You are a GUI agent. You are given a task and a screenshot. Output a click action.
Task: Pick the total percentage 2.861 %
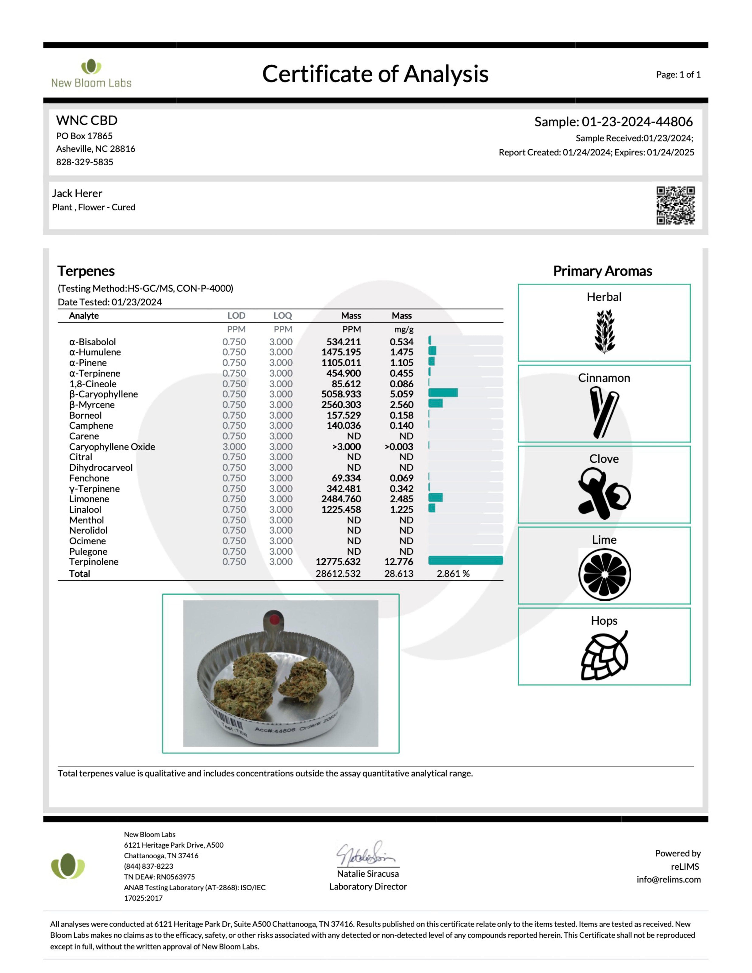(x=453, y=574)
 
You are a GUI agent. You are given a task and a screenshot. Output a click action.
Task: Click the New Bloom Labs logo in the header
(x=91, y=73)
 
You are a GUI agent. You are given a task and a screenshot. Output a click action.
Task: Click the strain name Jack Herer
(x=77, y=193)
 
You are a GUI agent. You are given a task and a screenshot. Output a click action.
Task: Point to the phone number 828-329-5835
(x=85, y=162)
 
